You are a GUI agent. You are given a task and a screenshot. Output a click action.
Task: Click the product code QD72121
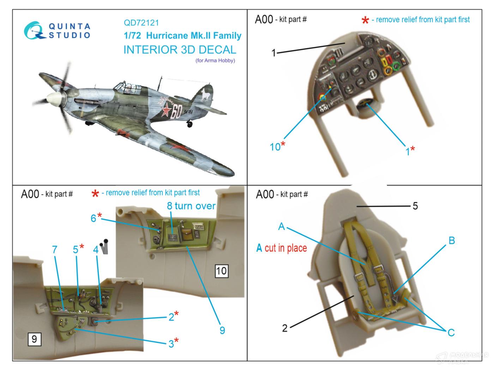141,23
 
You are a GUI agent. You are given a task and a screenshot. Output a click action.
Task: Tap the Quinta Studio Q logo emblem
34,31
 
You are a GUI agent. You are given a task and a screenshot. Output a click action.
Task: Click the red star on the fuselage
167,110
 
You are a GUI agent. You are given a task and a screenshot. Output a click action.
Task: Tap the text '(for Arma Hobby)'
215,60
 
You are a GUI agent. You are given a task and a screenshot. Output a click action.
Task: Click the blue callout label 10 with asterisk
277,146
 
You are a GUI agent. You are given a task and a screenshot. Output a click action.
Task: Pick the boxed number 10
222,271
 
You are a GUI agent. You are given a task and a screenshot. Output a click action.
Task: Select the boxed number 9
35,339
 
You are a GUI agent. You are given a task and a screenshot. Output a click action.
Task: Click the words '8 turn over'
191,206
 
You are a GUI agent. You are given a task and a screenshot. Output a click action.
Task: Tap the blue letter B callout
451,241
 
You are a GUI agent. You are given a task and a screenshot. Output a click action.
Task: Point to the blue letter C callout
451,333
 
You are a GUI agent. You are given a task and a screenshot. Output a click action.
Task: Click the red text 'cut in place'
285,248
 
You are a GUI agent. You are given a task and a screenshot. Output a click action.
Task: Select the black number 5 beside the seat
415,206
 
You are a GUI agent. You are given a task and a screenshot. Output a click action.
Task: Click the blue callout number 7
54,249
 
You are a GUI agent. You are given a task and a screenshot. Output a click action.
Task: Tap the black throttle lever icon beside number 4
104,247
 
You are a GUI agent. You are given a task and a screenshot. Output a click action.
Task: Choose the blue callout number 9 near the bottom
222,330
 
